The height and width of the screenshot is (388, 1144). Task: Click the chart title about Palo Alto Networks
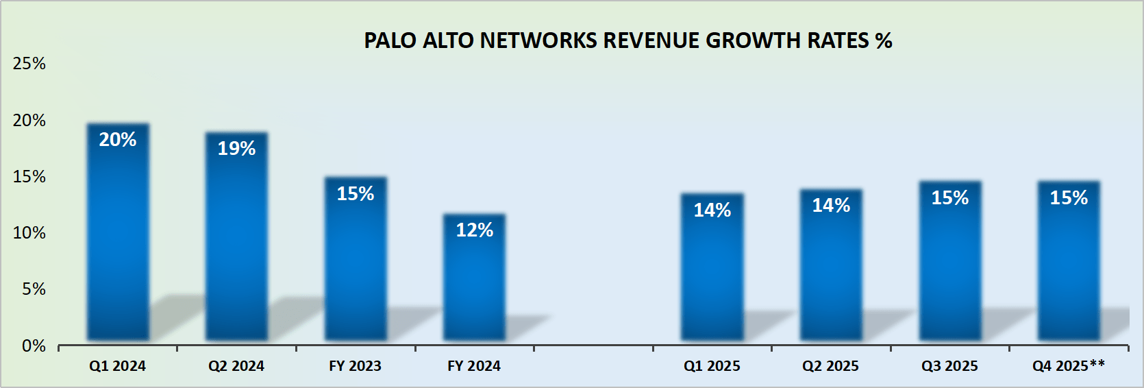coord(627,40)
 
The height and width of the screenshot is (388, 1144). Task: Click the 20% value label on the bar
coord(118,140)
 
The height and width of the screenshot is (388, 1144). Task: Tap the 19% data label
coord(236,149)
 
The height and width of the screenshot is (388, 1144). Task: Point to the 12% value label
coord(474,230)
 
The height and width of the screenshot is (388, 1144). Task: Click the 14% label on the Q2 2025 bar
coord(831,206)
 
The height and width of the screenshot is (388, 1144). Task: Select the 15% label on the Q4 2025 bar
coord(1069,198)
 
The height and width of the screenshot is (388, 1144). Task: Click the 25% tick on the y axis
coord(29,64)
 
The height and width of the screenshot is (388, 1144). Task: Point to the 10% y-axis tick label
coord(29,233)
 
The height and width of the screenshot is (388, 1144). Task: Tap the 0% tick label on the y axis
coord(34,346)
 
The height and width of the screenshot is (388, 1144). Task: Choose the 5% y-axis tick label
coord(34,289)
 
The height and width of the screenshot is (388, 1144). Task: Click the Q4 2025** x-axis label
coord(1069,366)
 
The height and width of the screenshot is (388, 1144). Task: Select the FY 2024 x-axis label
coord(474,366)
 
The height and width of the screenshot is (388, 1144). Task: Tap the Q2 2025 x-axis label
coord(830,366)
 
